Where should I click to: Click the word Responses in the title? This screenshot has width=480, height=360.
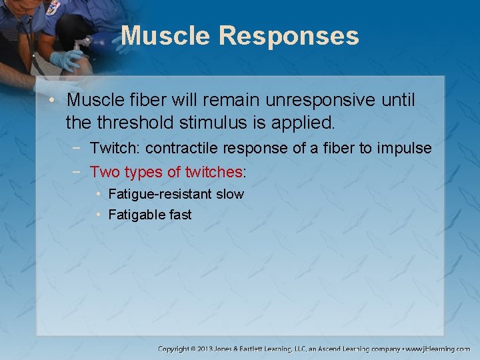(288, 36)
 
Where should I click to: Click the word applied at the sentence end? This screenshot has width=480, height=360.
(309, 123)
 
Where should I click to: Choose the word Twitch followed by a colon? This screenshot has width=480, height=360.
(111, 148)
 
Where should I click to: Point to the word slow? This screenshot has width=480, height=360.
(230, 194)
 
